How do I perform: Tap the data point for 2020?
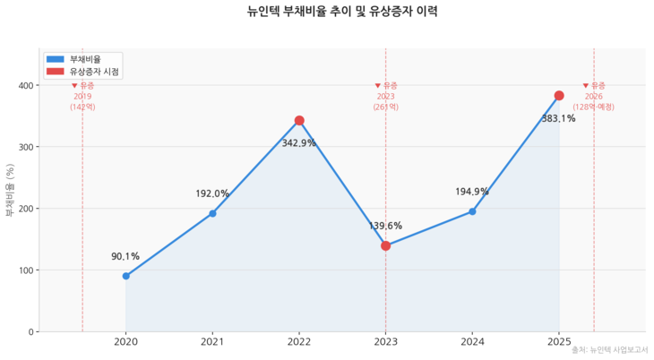[x=125, y=276]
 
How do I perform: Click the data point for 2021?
[x=212, y=213]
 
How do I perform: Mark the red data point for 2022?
[x=299, y=120]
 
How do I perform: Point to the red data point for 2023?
[x=385, y=245]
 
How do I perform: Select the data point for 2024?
[x=472, y=211]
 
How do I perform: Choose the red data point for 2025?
[x=559, y=96]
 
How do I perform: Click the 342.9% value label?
[x=298, y=143]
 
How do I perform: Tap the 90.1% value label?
[x=125, y=257]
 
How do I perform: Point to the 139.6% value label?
[x=385, y=227]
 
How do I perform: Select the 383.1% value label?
[x=558, y=118]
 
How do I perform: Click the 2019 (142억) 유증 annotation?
[x=82, y=96]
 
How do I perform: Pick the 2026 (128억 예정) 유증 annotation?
[x=594, y=96]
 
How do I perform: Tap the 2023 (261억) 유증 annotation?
[x=385, y=96]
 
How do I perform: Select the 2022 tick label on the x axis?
[x=299, y=342]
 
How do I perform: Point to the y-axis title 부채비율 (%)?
[x=10, y=191]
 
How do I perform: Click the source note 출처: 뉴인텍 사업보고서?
[x=610, y=349]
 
